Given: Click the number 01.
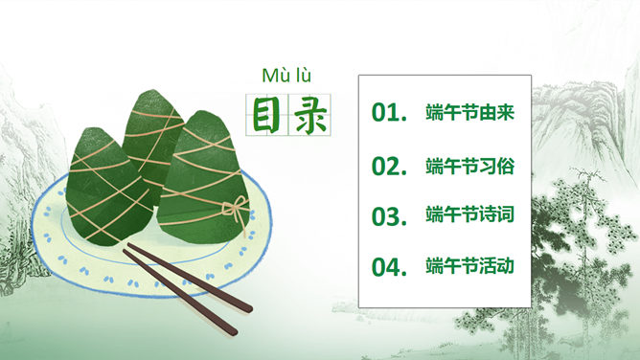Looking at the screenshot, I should [x=389, y=114].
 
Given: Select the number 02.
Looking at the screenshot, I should [x=389, y=166].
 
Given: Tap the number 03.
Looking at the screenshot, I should [x=389, y=215].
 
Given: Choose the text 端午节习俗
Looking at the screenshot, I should [x=470, y=166].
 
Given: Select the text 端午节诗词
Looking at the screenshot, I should [x=470, y=215].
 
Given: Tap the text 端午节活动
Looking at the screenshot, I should [x=470, y=265].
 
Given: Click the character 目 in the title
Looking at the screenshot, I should [x=265, y=114].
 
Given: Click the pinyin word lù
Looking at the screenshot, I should [x=303, y=76].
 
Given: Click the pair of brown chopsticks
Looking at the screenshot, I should [x=187, y=287].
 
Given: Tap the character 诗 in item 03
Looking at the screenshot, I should [x=487, y=215].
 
